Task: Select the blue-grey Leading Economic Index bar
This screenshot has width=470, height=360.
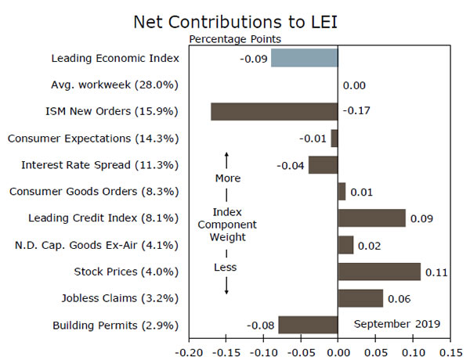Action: click(x=304, y=58)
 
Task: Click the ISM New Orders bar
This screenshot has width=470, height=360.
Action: click(x=274, y=111)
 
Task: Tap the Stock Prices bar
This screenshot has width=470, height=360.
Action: click(x=379, y=272)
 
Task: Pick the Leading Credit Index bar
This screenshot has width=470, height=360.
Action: click(x=371, y=218)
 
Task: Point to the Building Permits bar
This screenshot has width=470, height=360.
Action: click(x=308, y=325)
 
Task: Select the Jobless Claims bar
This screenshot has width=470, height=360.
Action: click(x=360, y=298)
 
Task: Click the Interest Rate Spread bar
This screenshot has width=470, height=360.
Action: click(x=323, y=164)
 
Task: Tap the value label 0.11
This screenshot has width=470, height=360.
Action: click(x=436, y=272)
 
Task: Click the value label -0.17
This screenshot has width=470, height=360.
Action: click(x=356, y=111)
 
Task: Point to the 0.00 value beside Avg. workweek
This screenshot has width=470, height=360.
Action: click(x=354, y=85)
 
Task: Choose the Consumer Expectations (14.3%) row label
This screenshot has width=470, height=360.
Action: click(x=93, y=139)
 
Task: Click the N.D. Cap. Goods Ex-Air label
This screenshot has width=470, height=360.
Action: click(x=97, y=245)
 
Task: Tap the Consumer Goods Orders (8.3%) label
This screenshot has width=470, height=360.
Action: click(x=93, y=192)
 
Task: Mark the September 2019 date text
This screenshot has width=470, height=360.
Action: click(x=396, y=324)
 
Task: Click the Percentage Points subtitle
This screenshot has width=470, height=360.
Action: click(x=235, y=38)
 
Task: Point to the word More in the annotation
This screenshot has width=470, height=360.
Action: click(x=227, y=178)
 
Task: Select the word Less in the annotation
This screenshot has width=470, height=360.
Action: click(x=226, y=267)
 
